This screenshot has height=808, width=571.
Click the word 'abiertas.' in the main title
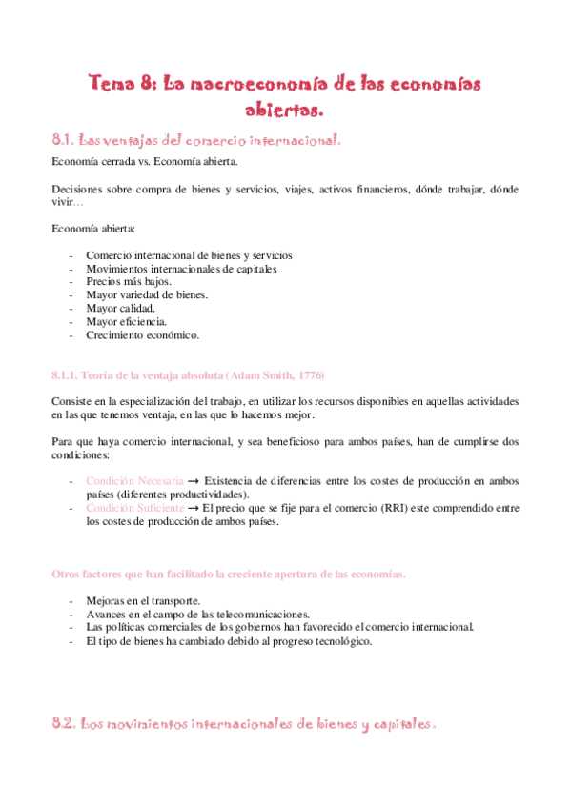[x=285, y=110]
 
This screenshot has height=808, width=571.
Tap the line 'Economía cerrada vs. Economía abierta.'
[x=137, y=163]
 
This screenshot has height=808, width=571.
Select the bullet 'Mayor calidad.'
[x=120, y=309]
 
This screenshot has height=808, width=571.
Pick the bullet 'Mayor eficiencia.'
[x=126, y=322]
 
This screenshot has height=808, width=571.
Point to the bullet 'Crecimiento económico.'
[x=142, y=335]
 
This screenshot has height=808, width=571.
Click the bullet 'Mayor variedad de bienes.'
[x=147, y=295]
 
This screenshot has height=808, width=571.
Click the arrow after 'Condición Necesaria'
[x=194, y=481]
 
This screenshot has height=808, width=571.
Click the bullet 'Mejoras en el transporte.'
[x=143, y=601]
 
